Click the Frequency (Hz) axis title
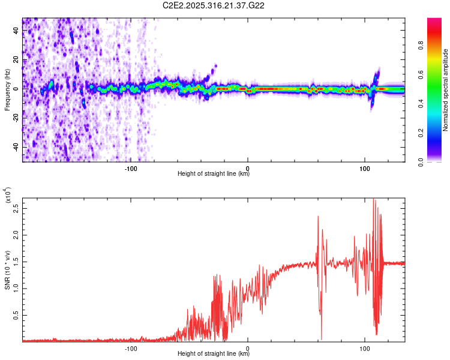(x=8, y=90)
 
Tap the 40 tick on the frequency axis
(x=16, y=32)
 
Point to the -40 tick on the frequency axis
(x=14, y=147)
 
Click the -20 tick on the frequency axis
(x=14, y=118)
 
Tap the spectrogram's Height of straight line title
(x=214, y=175)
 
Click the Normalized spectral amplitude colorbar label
(x=446, y=90)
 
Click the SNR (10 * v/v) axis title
(x=8, y=270)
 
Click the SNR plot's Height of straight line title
(x=214, y=355)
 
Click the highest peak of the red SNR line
(x=374, y=199)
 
